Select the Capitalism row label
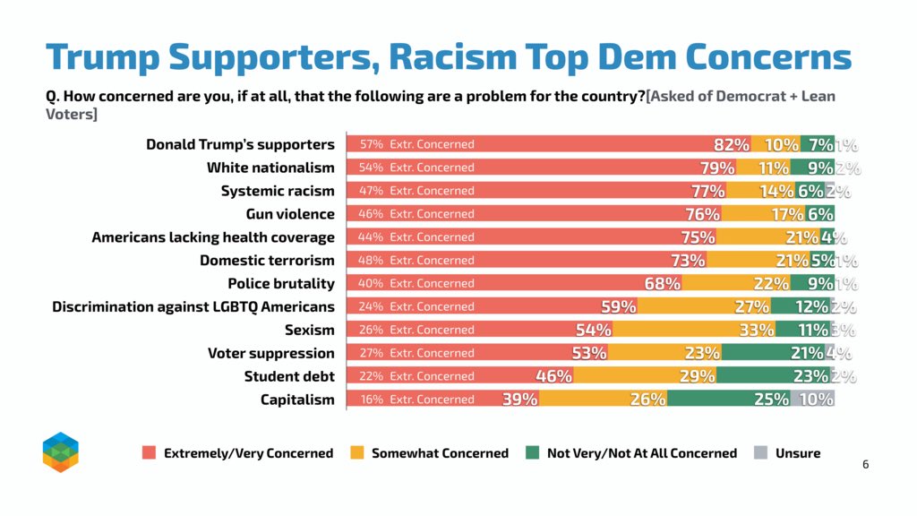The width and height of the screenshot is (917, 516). tap(297, 400)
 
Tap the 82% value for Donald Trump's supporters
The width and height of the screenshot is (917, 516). tap(731, 144)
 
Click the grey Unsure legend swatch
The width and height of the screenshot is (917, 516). tap(760, 452)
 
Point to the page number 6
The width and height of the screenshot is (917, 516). tap(866, 465)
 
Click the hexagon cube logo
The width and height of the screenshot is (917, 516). tap(61, 452)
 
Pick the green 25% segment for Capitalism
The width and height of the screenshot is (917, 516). tap(729, 399)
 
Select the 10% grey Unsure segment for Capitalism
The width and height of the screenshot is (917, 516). tap(812, 399)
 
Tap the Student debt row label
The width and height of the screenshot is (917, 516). tap(289, 376)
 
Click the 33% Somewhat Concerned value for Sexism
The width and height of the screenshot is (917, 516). tap(757, 330)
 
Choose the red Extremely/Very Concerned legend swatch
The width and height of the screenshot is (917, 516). tap(150, 452)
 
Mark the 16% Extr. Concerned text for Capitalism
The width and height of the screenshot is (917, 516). tap(417, 399)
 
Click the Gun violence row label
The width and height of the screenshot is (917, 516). tap(290, 214)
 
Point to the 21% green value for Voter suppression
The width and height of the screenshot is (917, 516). tap(807, 353)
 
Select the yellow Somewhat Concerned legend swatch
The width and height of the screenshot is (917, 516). tap(356, 452)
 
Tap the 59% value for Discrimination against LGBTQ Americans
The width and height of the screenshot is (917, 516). tap(619, 306)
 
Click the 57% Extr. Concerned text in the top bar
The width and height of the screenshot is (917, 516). tap(417, 144)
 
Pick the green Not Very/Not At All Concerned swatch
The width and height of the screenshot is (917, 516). tap(532, 452)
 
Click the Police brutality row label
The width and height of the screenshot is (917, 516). tap(281, 284)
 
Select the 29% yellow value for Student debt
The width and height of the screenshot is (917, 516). tap(697, 376)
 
